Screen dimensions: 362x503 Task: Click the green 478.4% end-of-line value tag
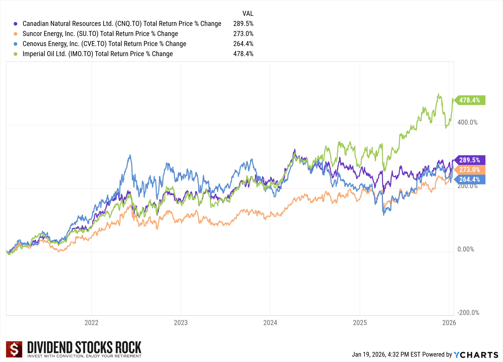coord(470,100)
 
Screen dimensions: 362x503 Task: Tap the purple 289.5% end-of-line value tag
coord(470,160)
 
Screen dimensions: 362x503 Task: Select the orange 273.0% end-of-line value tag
coord(470,170)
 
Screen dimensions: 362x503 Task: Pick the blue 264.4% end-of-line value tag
coord(470,179)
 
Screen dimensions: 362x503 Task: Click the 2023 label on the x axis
coord(181,323)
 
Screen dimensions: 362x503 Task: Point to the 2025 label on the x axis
coord(360,323)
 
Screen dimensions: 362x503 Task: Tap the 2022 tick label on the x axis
coord(91,323)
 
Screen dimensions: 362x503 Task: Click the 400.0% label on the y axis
coord(467,123)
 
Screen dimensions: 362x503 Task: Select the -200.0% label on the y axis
coord(468,313)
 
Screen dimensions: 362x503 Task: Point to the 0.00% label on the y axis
coord(466,249)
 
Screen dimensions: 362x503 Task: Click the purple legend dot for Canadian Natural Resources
coord(16,24)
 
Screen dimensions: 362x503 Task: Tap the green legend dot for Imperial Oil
coord(16,54)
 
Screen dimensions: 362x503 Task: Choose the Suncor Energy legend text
coord(100,34)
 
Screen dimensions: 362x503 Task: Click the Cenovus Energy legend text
coord(104,44)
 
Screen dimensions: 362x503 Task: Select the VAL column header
coord(248,14)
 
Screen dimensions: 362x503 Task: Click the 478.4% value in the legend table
coord(243,54)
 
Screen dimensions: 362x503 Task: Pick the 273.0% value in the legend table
coord(243,34)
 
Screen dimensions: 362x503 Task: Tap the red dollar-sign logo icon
coord(14,349)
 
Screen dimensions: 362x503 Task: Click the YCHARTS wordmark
coord(476,355)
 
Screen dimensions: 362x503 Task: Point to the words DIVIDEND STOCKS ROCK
coord(84,347)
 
